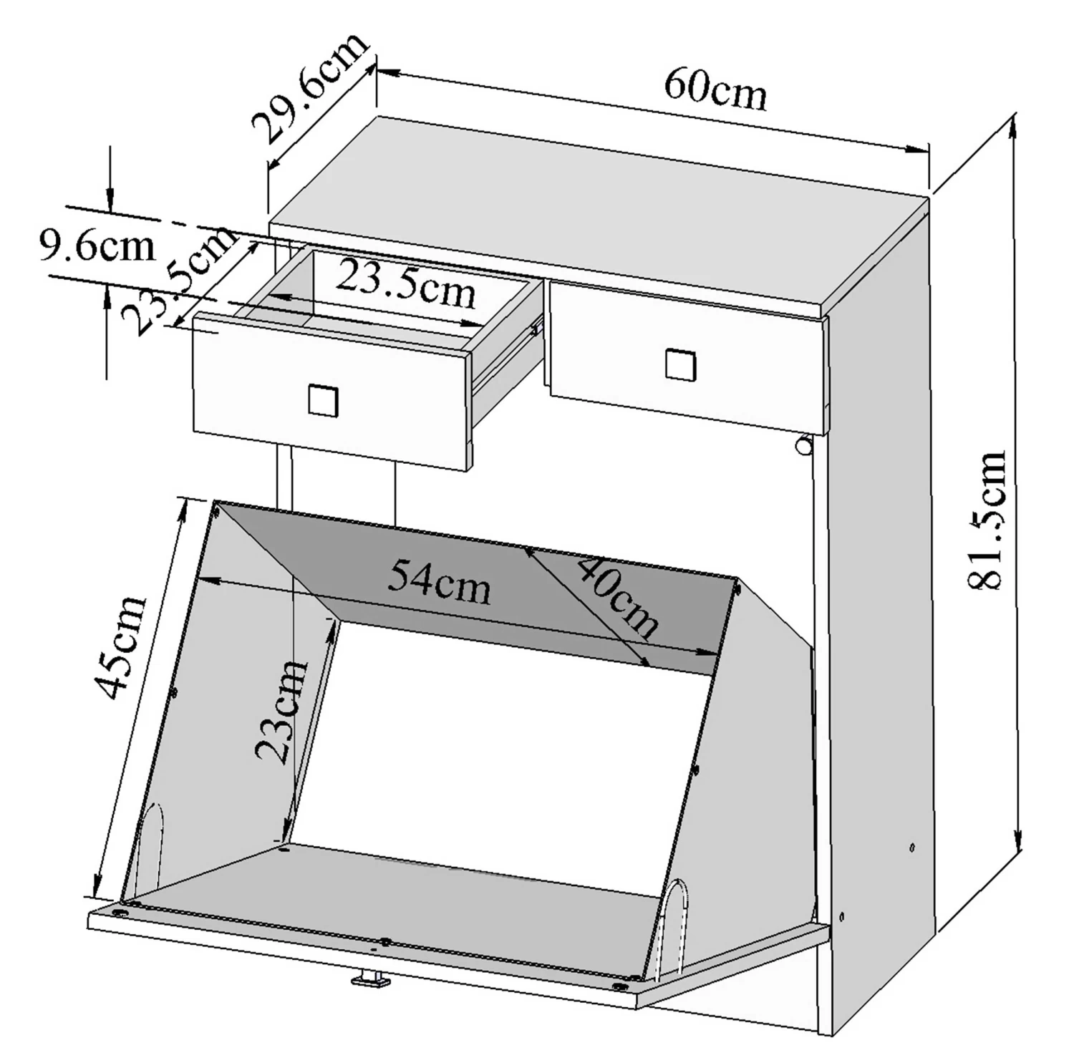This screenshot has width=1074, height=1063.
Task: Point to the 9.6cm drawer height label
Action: click(x=97, y=246)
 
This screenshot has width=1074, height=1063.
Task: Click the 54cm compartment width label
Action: click(x=439, y=583)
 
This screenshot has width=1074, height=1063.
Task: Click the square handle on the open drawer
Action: click(x=323, y=400)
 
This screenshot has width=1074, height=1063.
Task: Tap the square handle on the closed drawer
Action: click(x=679, y=364)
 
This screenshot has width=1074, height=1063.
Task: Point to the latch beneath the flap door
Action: click(x=371, y=979)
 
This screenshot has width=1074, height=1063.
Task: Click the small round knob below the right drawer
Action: click(x=803, y=446)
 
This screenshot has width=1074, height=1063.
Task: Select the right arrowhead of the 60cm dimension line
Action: click(x=918, y=150)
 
